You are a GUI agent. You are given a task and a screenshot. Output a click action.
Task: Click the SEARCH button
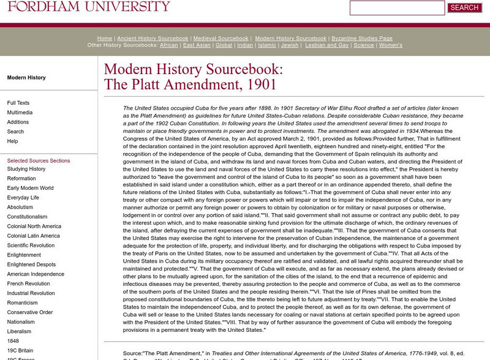pyautogui.click(x=464, y=8)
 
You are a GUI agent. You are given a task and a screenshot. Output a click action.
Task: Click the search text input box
pyautogui.click(x=397, y=8)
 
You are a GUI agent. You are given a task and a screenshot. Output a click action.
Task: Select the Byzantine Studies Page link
pyautogui.click(x=361, y=38)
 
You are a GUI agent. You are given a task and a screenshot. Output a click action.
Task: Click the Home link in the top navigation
pyautogui.click(x=105, y=38)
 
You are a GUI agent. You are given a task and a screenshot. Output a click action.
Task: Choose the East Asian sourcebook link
pyautogui.click(x=197, y=45)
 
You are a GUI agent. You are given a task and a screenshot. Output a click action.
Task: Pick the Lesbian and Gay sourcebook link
pyautogui.click(x=328, y=45)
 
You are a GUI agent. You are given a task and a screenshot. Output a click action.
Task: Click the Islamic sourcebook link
pyautogui.click(x=267, y=45)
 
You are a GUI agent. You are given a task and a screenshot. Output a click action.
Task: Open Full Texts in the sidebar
pyautogui.click(x=18, y=103)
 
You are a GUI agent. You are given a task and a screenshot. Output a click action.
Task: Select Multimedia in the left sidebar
pyautogui.click(x=21, y=113)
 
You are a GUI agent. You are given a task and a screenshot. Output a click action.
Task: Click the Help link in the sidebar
pyautogui.click(x=12, y=141)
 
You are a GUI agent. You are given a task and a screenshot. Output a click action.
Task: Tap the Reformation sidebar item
pyautogui.click(x=21, y=178)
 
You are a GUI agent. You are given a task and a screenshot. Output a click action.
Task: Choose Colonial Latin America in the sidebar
pyautogui.click(x=33, y=236)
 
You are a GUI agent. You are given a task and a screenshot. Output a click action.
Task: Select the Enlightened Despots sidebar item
pyautogui.click(x=32, y=264)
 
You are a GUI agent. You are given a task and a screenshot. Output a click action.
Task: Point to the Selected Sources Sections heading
pyautogui.click(x=39, y=160)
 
